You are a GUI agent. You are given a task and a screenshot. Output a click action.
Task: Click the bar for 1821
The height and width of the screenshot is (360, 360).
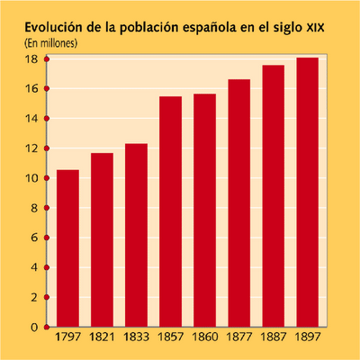[102, 240]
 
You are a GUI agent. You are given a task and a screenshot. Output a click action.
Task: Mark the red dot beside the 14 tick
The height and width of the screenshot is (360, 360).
[45, 119]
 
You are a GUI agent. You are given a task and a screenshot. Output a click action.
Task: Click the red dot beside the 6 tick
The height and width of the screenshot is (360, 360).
[45, 238]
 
